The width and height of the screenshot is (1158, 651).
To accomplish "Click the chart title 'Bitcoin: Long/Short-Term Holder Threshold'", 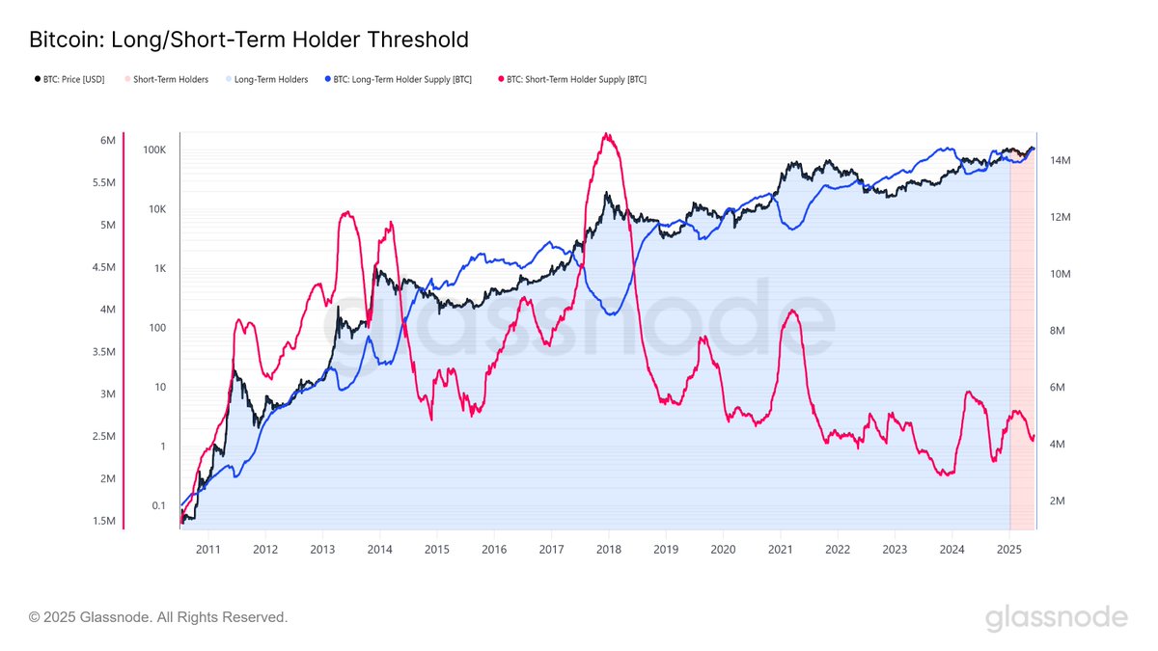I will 249,40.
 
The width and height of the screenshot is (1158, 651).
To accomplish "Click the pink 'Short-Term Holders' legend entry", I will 170,79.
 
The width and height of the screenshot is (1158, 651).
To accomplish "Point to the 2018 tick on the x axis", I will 608,549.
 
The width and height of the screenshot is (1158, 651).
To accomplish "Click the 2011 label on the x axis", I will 208,549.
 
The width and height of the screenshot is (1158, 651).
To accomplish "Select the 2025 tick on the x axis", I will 1008,549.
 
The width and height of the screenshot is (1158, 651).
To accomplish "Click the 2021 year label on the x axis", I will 780,549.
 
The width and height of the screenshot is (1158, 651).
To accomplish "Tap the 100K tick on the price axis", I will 154,150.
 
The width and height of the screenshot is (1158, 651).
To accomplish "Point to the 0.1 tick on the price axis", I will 158,505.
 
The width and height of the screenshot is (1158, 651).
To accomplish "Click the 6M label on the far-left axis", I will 107,141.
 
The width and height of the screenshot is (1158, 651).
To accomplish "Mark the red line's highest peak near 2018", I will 606,134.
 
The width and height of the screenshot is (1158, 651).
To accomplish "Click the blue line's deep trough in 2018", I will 611,314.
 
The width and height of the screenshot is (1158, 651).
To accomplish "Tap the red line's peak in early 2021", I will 792,311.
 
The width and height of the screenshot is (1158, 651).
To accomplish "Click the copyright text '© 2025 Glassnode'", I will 158,616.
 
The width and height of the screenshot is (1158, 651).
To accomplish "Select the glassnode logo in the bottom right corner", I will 1056,617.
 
